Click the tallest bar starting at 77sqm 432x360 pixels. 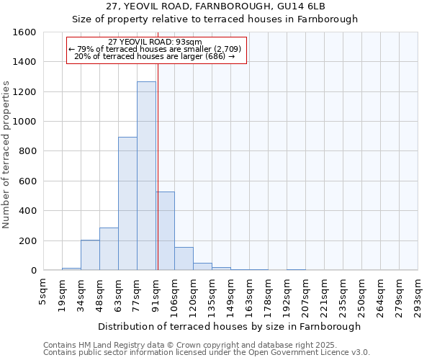[146, 176]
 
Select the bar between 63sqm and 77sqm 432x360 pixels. [127, 204]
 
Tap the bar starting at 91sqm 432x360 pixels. [165, 230]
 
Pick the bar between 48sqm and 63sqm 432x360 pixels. [109, 248]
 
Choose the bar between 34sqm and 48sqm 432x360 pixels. [90, 255]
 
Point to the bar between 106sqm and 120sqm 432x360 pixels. [184, 258]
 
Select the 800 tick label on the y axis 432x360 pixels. [27, 151]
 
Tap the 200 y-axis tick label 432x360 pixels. [27, 240]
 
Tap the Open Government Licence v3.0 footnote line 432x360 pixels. [207, 353]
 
